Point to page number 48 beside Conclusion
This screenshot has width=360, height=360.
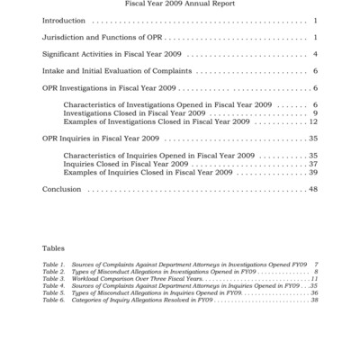coord(313,189)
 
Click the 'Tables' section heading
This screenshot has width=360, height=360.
coord(53,247)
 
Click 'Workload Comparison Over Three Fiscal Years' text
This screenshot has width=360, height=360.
coord(130,279)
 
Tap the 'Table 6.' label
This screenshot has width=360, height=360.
coord(53,300)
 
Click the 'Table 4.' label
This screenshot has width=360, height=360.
coord(53,286)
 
